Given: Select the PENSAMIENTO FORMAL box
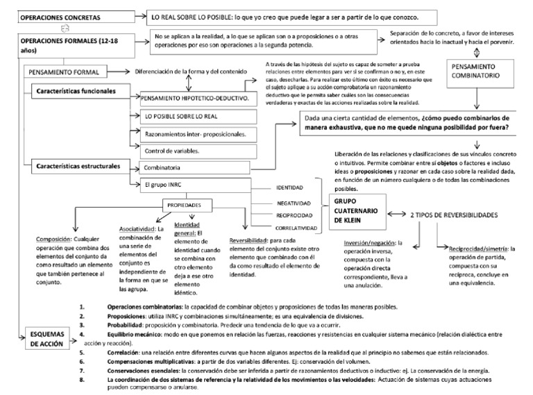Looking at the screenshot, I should point(66,72).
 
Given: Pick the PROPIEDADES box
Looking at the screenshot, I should point(184,206).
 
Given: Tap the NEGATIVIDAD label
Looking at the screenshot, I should point(294,202).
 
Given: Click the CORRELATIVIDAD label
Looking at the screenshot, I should point(296,228).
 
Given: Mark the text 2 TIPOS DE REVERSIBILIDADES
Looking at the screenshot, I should point(463,215).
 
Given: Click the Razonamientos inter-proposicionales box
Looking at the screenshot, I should point(194,133).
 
